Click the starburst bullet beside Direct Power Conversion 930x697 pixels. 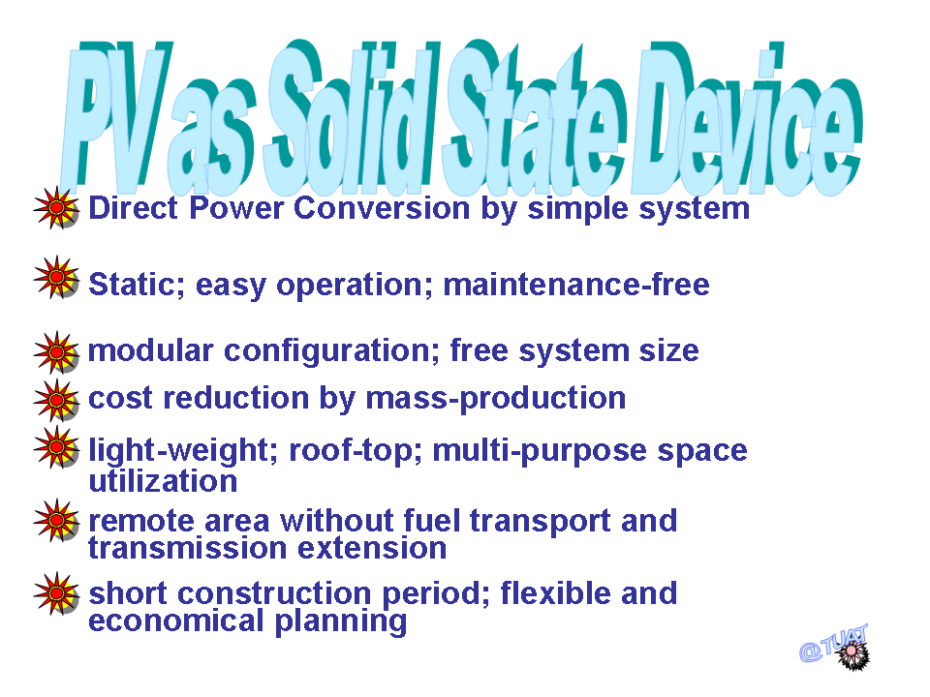(56, 207)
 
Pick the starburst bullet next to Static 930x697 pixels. (56, 278)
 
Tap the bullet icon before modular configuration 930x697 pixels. (56, 352)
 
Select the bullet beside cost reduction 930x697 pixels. (56, 401)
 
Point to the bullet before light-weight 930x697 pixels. (56, 447)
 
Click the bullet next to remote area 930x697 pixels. (56, 521)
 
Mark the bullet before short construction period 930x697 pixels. (56, 593)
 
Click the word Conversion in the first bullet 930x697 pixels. (382, 209)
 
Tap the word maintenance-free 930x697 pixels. (576, 285)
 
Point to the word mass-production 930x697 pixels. (496, 399)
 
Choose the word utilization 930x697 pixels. (163, 481)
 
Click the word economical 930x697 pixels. (176, 621)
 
